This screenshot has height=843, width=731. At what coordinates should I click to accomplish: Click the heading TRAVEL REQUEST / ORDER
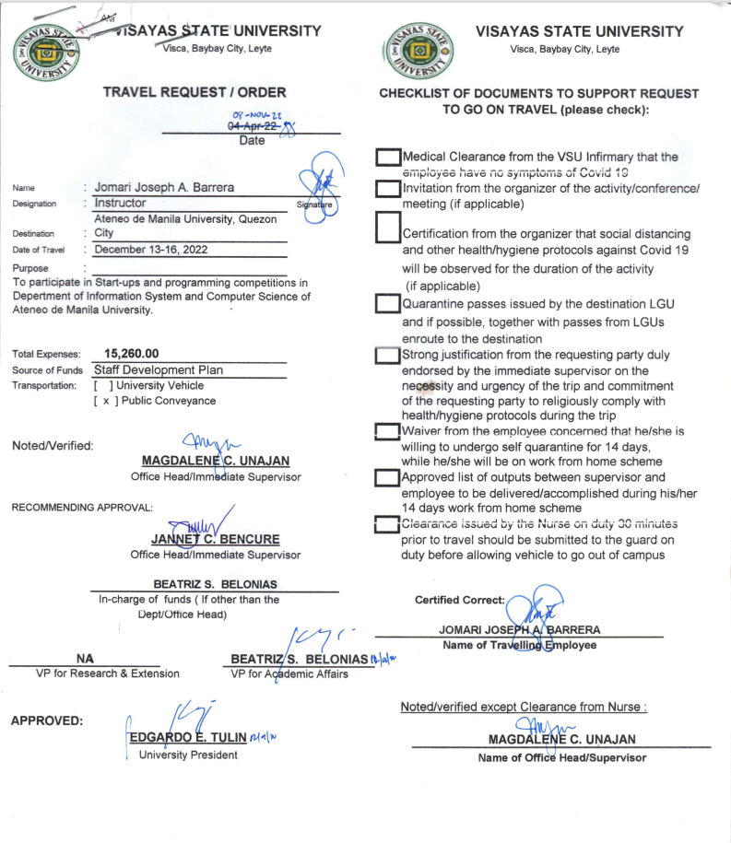pos(195,92)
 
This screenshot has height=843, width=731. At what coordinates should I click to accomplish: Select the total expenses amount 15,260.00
pos(132,354)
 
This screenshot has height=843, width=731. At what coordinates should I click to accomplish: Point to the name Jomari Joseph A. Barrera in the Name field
pos(164,187)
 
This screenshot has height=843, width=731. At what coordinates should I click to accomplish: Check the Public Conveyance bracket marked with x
pos(103,401)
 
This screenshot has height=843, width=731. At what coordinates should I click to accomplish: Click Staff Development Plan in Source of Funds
pos(159,370)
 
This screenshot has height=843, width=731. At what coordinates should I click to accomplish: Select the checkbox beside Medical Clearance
pos(388,158)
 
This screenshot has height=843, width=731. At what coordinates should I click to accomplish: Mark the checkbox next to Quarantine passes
pos(388,305)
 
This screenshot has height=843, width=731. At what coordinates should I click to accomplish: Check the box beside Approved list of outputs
pos(388,478)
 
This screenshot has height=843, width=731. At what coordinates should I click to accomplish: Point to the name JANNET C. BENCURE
pos(215,539)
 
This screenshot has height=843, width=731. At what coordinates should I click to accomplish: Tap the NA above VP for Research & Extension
pos(85,659)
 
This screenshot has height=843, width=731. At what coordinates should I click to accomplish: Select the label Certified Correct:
pos(460,601)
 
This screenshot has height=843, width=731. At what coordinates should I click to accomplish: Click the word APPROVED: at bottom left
pos(47,720)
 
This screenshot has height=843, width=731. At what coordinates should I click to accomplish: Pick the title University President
pos(188,755)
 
